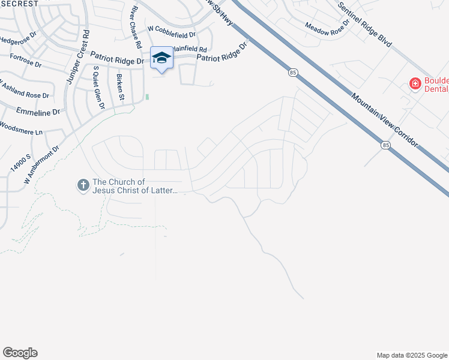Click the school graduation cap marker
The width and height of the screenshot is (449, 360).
tap(161, 58)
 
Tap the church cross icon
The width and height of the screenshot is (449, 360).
tap(83, 185)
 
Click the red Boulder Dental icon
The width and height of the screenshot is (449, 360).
tap(414, 83)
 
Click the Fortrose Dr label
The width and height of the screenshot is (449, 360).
tap(25, 61)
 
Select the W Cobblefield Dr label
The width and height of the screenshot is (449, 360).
tap(172, 35)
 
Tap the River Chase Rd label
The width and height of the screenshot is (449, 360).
tap(136, 28)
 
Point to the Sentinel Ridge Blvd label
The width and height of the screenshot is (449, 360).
tap(364, 26)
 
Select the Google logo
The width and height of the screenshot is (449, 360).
tap(20, 353)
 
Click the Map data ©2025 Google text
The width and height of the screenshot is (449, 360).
tap(412, 355)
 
